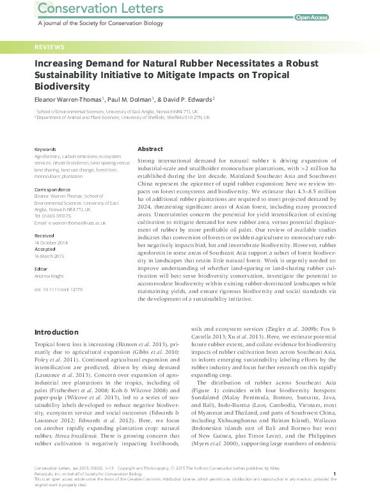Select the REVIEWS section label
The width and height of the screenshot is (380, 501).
point(49,47)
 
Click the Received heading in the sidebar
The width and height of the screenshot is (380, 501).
point(44,235)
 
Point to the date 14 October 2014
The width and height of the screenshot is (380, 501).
point(50,241)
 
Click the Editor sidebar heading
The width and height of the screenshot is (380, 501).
point(42,269)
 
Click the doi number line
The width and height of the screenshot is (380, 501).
point(58,289)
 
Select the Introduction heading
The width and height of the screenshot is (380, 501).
point(56,332)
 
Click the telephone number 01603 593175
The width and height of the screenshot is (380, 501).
point(54,216)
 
